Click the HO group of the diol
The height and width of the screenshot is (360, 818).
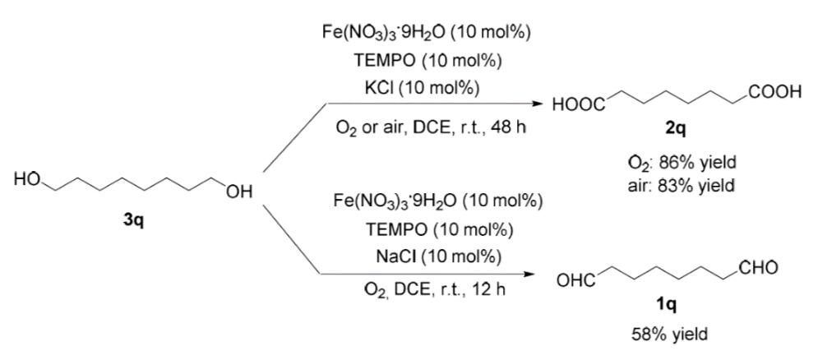coord(30,179)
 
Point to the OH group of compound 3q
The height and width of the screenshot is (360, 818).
coord(239,192)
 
